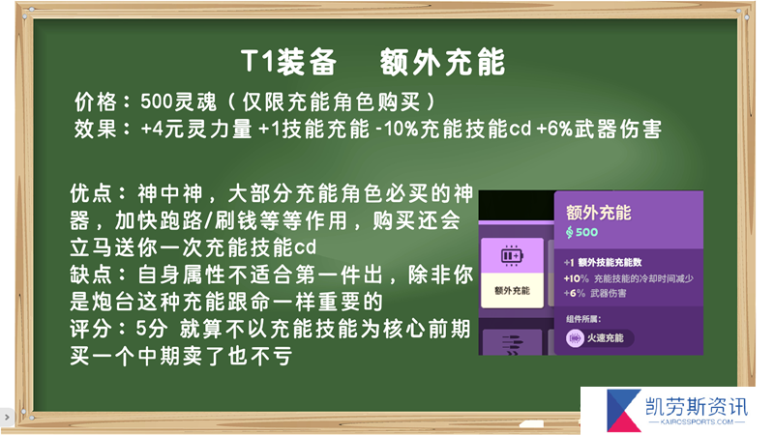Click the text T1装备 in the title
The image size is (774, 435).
(288, 62)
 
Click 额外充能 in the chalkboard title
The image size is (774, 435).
(443, 62)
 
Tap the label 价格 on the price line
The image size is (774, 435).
(96, 102)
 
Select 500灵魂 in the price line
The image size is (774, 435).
(178, 102)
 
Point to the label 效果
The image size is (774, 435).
(96, 130)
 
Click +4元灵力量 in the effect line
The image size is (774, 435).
(196, 130)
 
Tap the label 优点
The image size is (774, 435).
(91, 193)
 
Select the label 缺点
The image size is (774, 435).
(91, 275)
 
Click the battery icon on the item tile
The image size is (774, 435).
(512, 255)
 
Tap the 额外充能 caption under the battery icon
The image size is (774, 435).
(512, 291)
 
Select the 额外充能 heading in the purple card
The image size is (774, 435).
(598, 213)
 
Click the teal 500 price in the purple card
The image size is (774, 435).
(586, 232)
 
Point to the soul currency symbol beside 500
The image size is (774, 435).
(570, 232)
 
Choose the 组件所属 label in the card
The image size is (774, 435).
(583, 319)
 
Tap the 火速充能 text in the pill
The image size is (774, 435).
(605, 338)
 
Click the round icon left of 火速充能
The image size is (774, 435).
(575, 338)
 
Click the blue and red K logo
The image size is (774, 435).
(623, 410)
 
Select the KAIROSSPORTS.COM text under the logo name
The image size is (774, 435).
(697, 422)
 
